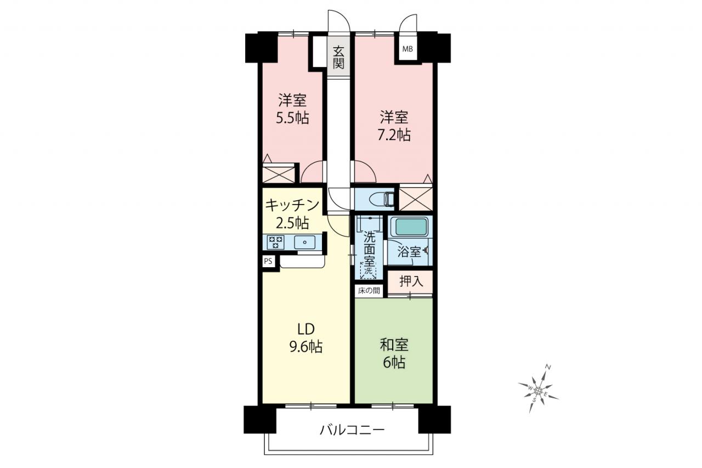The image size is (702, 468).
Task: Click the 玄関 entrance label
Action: pos(338,57)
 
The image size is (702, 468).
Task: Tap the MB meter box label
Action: pos(407,49)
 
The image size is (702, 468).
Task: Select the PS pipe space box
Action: pos(268,261)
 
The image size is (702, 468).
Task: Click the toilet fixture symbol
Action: pos(381,199)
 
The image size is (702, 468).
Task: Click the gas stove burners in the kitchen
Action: pos(276,243)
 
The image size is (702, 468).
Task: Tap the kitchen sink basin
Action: pos(304,243)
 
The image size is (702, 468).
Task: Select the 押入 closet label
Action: pos(411,281)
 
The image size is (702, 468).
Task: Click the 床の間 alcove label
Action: pos(369,291)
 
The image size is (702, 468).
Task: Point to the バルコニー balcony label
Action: pos(352,430)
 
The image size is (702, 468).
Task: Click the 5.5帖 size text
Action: pos(292,118)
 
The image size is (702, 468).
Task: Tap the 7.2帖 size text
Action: pos(394,135)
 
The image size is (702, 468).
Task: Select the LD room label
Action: pos(305,329)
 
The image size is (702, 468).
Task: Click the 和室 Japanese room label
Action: pos(394,345)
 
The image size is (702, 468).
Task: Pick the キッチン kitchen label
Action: pos(292,206)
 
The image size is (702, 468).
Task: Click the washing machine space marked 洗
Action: pos(369,270)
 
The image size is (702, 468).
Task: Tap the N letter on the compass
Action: pos(548,366)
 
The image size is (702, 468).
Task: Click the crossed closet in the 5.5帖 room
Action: pos(279,174)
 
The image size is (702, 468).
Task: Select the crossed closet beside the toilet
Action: pos(416,199)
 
